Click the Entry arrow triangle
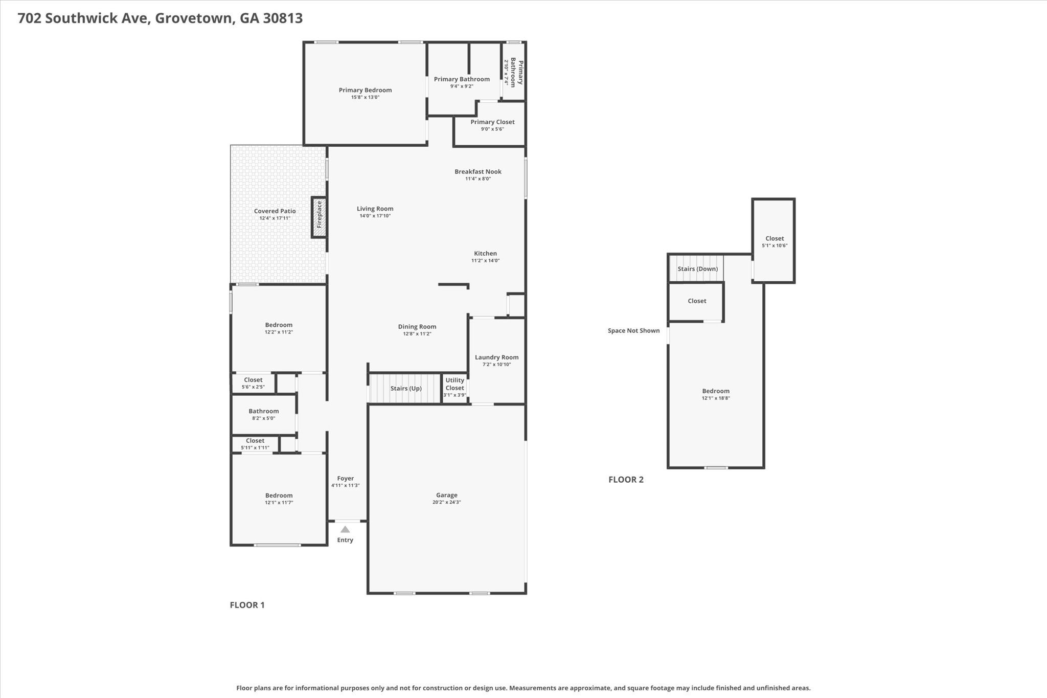pyautogui.click(x=345, y=529)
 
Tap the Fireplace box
pyautogui.click(x=320, y=217)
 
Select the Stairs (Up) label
pyautogui.click(x=406, y=389)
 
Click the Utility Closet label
pyautogui.click(x=454, y=384)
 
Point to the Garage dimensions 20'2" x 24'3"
pyautogui.click(x=446, y=503)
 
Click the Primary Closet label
pyautogui.click(x=492, y=122)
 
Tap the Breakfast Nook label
pyautogui.click(x=478, y=172)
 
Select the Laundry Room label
pyautogui.click(x=496, y=357)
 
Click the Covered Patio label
pyautogui.click(x=275, y=211)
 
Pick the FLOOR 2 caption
pyautogui.click(x=626, y=480)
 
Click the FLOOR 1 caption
pyautogui.click(x=247, y=605)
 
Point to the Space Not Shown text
pyautogui.click(x=633, y=331)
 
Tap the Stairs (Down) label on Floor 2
pyautogui.click(x=697, y=269)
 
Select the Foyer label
pyautogui.click(x=346, y=479)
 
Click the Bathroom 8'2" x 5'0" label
pyautogui.click(x=264, y=411)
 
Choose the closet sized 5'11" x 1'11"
pyautogui.click(x=255, y=444)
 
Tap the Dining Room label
pyautogui.click(x=417, y=327)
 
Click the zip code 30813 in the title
pyautogui.click(x=283, y=18)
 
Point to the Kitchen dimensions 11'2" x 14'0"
pyautogui.click(x=485, y=261)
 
